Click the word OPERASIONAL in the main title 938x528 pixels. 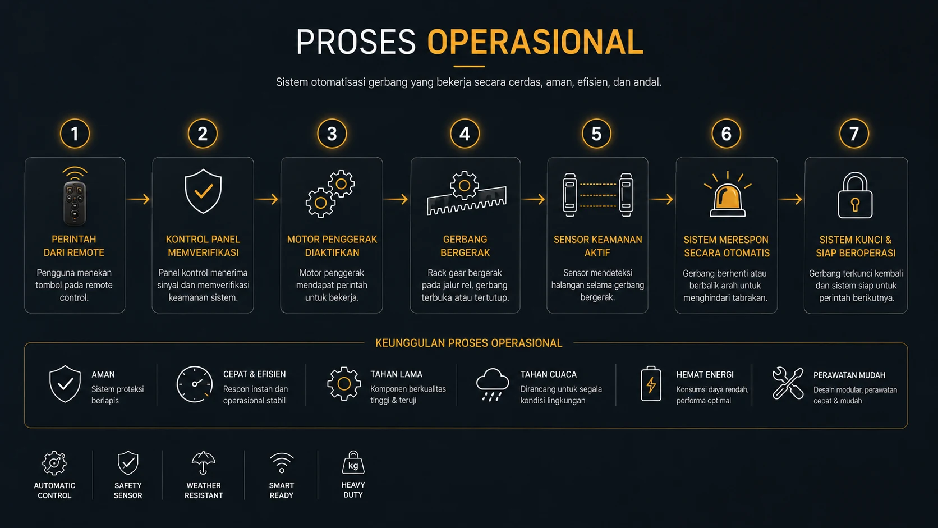535,42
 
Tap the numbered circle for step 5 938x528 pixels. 596,134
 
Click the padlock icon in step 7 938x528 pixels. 855,195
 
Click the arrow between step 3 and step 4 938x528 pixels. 396,199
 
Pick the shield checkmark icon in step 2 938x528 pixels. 203,191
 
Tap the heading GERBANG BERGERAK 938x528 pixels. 465,246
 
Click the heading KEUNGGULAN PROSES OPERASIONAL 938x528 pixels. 468,343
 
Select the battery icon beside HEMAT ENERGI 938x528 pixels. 651,384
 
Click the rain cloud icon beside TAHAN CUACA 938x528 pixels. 493,384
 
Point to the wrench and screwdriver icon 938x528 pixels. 788,383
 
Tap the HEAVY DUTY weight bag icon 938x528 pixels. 353,463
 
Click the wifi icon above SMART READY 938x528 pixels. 282,463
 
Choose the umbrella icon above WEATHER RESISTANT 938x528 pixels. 204,463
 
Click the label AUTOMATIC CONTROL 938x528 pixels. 54,490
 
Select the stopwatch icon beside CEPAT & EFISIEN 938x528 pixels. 194,384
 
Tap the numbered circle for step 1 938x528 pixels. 75,134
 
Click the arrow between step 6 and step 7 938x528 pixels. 790,199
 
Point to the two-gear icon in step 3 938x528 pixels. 330,194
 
